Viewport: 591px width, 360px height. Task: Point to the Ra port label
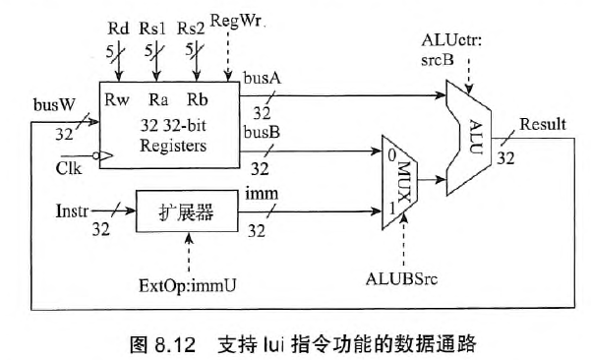tap(157, 99)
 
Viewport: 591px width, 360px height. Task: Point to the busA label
tap(263, 78)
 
